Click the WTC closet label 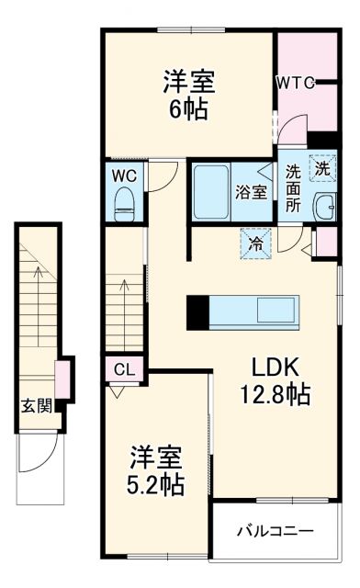pyautogui.click(x=296, y=83)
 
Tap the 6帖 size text pyautogui.click(x=190, y=110)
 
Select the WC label pyautogui.click(x=125, y=175)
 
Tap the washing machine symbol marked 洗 pyautogui.click(x=321, y=168)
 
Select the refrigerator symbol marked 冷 pyautogui.click(x=255, y=243)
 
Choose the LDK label pyautogui.click(x=276, y=367)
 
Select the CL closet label pyautogui.click(x=125, y=370)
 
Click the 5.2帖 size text pyautogui.click(x=155, y=483)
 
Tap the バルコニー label pyautogui.click(x=275, y=530)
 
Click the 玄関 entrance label pyautogui.click(x=36, y=405)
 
